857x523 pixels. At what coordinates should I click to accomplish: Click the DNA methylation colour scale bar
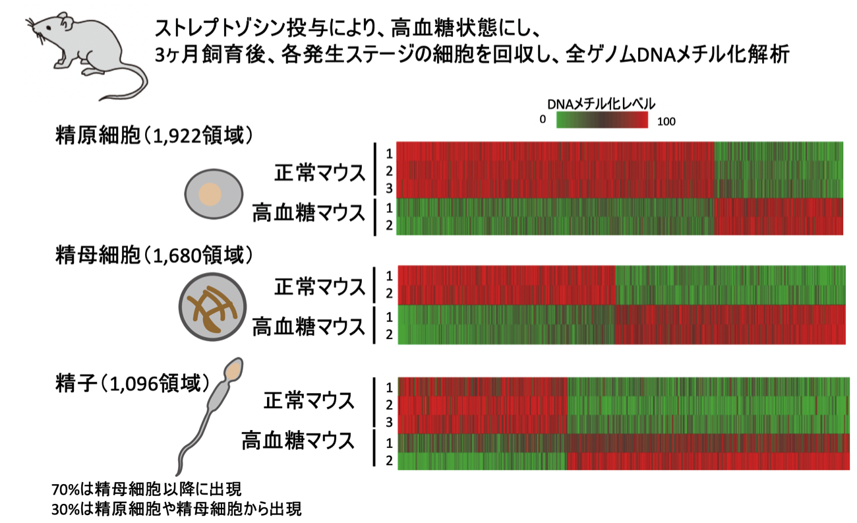point(602,120)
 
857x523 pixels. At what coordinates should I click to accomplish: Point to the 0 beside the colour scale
point(543,119)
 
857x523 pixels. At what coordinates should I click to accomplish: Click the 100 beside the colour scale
point(666,122)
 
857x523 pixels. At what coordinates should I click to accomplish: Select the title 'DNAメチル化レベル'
point(601,104)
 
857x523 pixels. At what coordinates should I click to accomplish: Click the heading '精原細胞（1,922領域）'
point(154,136)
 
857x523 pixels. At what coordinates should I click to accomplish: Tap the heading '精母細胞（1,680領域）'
point(154,255)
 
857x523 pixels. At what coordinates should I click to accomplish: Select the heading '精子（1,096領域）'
point(133,383)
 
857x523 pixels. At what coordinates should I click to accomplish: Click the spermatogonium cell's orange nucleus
point(210,195)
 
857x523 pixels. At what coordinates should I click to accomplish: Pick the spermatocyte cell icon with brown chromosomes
point(212,307)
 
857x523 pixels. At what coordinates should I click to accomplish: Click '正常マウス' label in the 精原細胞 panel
point(320,173)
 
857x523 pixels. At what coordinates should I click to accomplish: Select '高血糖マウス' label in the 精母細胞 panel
point(309,326)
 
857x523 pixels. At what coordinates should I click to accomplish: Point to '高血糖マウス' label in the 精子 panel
point(298,441)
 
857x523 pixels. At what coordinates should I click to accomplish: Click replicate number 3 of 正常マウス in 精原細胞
point(389,189)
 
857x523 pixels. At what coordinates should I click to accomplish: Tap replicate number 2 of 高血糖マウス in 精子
point(389,460)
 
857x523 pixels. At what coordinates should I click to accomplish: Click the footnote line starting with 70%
point(146,489)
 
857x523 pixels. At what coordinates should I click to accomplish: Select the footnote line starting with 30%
point(177,509)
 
